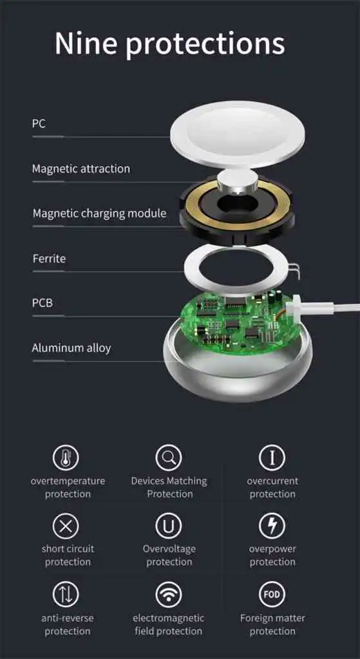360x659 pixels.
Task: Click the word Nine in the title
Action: (86, 43)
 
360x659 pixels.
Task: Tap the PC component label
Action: (39, 124)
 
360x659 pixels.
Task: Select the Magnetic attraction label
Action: (81, 169)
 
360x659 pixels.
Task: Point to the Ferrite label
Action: (49, 258)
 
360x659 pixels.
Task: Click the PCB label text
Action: (43, 302)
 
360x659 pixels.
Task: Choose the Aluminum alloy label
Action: (71, 348)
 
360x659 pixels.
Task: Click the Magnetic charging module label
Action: (100, 213)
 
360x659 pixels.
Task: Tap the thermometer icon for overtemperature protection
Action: (66, 458)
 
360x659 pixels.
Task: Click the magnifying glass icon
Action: (169, 458)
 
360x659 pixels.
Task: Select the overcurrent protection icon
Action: (272, 458)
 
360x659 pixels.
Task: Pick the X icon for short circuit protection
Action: (66, 526)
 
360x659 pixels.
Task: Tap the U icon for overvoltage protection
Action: (169, 526)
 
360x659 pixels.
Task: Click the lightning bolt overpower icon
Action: (272, 526)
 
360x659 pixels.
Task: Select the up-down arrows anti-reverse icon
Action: (66, 595)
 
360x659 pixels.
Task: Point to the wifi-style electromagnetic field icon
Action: (169, 595)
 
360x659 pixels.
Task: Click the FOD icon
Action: (272, 595)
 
